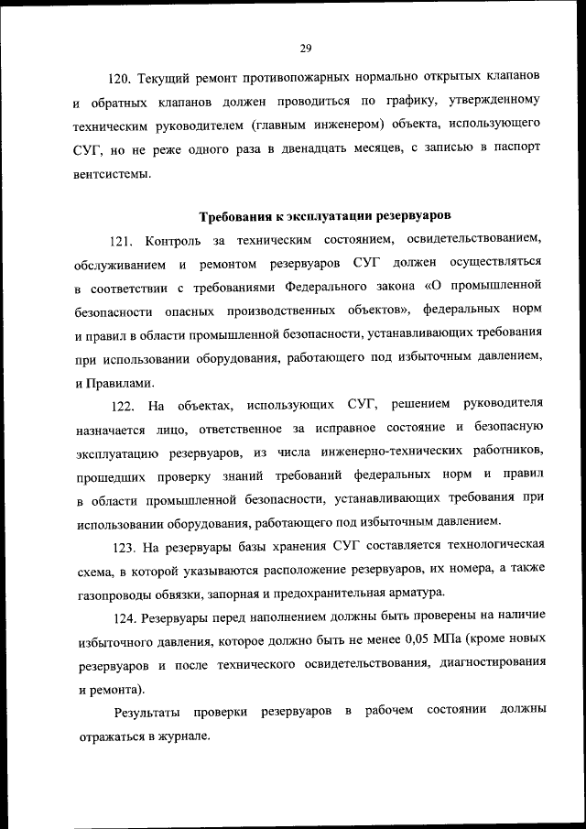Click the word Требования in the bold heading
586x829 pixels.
coord(236,217)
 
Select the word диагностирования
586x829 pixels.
coord(494,663)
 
